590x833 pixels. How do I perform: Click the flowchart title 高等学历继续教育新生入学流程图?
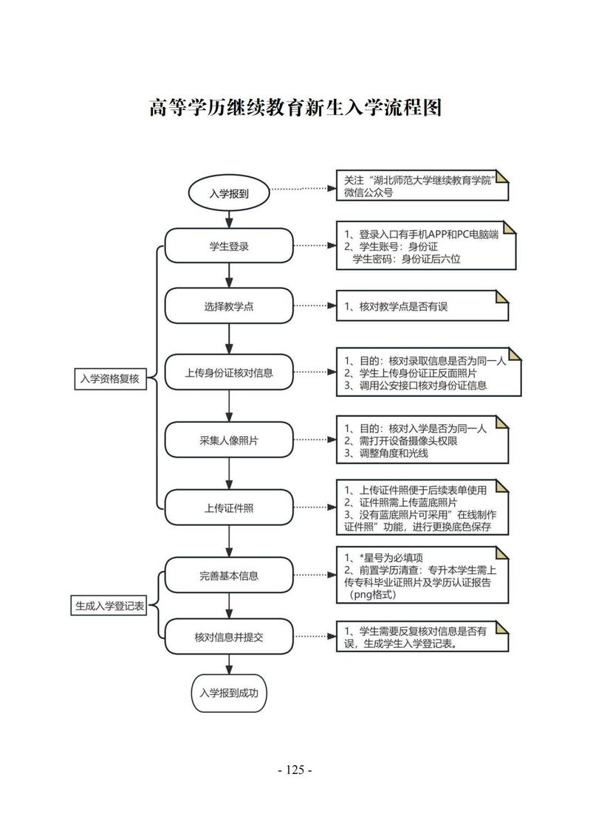pyautogui.click(x=295, y=108)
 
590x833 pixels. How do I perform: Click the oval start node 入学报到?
pyautogui.click(x=229, y=194)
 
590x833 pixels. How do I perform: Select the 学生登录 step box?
pyautogui.click(x=229, y=246)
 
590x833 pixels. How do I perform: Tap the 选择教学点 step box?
pyautogui.click(x=229, y=306)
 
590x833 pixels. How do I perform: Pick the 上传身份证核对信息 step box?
pyautogui.click(x=229, y=373)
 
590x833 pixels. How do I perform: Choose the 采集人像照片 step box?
pyautogui.click(x=229, y=440)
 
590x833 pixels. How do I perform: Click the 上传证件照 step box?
pyautogui.click(x=229, y=507)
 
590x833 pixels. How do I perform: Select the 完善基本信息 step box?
pyautogui.click(x=229, y=575)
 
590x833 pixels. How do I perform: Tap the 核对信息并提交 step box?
pyautogui.click(x=229, y=637)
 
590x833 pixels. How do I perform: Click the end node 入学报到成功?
pyautogui.click(x=229, y=693)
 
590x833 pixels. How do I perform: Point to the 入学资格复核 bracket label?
pyautogui.click(x=110, y=379)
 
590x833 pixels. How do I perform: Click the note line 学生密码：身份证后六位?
pyautogui.click(x=406, y=259)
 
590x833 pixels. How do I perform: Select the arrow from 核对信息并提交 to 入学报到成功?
pyautogui.click(x=229, y=663)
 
